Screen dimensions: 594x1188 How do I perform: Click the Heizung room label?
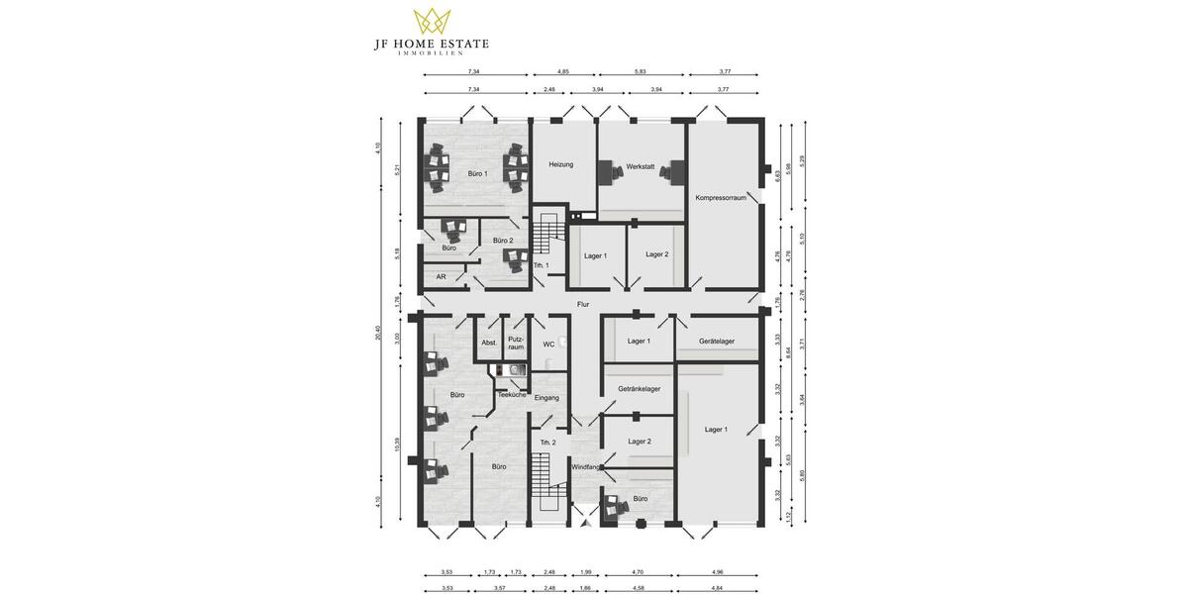[561, 165]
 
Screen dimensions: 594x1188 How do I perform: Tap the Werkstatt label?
[641, 167]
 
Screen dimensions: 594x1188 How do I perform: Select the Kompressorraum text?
[721, 198]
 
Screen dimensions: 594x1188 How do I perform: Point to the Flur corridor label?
[583, 305]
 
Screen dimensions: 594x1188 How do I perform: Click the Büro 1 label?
[477, 174]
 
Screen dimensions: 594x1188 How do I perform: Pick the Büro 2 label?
[503, 241]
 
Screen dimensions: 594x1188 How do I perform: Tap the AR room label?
[441, 277]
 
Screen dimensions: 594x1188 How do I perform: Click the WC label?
[547, 345]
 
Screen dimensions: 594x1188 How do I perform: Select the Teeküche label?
[512, 395]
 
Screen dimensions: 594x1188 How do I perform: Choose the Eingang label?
[546, 398]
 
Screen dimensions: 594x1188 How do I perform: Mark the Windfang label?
[585, 466]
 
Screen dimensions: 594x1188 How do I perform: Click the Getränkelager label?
[640, 389]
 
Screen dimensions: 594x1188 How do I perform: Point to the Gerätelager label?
[717, 342]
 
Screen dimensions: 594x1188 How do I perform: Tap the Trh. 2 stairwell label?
[546, 442]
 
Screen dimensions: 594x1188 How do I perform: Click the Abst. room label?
[489, 343]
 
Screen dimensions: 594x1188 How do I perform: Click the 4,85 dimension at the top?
[563, 72]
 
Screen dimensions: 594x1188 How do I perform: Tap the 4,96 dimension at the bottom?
[725, 572]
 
